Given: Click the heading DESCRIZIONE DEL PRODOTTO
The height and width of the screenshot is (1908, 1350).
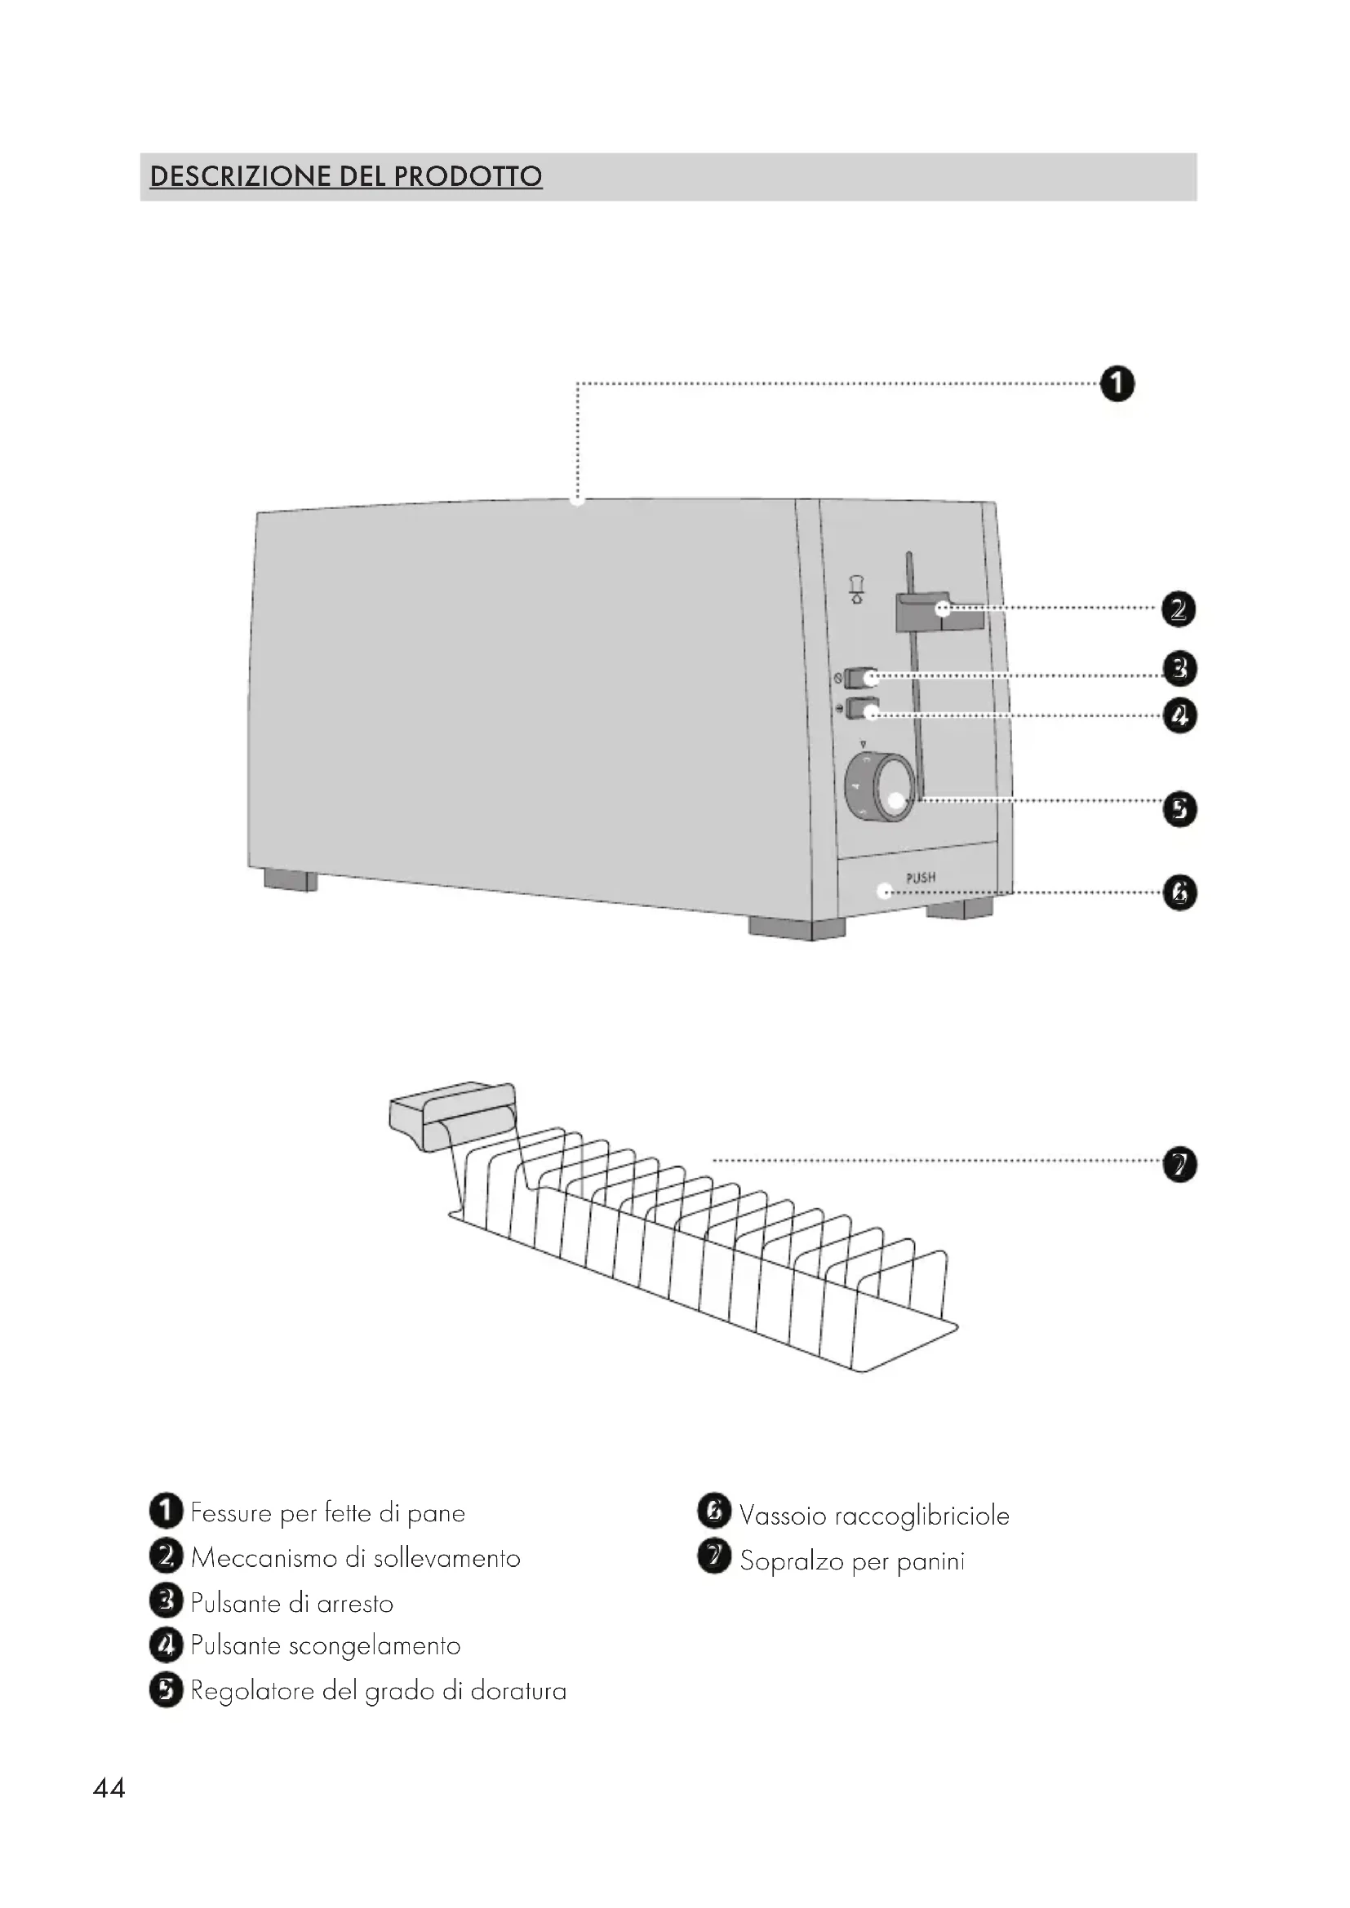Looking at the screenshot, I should [x=346, y=176].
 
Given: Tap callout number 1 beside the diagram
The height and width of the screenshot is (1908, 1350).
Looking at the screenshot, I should [x=1117, y=384].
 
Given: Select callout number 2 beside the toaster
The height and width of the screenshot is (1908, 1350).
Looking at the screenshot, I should [x=1178, y=610].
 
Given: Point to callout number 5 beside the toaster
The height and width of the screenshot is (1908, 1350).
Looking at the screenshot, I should [x=1179, y=808].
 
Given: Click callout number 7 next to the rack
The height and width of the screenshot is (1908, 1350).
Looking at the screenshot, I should [x=1179, y=1163].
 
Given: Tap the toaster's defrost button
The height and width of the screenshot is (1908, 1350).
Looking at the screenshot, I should [x=862, y=711].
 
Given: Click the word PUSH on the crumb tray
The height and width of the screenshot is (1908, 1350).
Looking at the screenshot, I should [x=920, y=878].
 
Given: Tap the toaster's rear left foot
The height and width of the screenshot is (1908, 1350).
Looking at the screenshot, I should [x=290, y=880].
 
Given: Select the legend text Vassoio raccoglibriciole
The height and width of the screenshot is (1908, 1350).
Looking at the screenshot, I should [x=873, y=1516].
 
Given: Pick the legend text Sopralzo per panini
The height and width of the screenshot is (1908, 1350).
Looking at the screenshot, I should [x=852, y=1560].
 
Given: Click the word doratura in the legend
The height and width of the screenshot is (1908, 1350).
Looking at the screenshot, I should [x=518, y=1690].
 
